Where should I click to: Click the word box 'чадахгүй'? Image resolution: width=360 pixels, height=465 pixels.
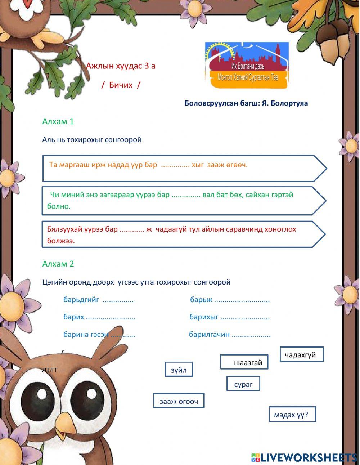tap(302, 354)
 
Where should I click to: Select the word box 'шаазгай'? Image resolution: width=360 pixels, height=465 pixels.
tap(244, 362)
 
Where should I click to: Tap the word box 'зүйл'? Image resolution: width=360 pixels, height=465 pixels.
tap(179, 370)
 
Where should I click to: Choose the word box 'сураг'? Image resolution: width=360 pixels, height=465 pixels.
tap(243, 384)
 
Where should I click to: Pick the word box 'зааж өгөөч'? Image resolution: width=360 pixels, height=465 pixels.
tap(179, 401)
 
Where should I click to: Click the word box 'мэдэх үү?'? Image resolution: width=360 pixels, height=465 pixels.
tap(292, 414)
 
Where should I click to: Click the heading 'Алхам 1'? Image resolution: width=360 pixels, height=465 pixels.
tap(58, 121)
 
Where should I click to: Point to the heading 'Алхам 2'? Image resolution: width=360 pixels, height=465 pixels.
tap(58, 264)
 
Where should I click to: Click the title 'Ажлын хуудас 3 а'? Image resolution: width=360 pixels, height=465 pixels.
tap(121, 66)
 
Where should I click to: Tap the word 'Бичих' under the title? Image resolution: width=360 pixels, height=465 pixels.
tap(121, 85)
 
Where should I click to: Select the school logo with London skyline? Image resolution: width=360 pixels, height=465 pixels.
tap(247, 65)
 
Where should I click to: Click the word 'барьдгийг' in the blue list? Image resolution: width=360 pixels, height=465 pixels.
tap(81, 300)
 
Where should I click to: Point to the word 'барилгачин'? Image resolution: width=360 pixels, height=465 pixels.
tap(209, 334)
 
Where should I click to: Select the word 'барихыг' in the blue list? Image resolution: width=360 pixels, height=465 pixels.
tap(204, 317)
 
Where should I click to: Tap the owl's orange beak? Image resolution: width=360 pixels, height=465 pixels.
tap(66, 423)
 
